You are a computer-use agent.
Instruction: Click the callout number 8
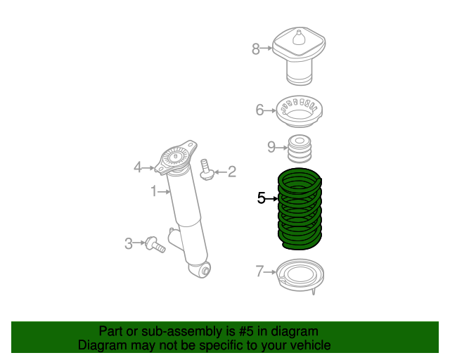(x=256, y=49)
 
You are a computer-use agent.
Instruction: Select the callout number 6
(x=259, y=110)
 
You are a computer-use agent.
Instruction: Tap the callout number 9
(x=271, y=147)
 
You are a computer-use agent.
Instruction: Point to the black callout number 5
(x=262, y=199)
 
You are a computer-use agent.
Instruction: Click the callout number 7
(x=259, y=271)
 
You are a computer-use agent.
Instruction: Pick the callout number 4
(x=138, y=167)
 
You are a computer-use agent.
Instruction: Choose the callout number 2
(x=231, y=171)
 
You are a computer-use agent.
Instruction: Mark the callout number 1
(x=153, y=191)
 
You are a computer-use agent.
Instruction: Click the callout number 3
(x=129, y=244)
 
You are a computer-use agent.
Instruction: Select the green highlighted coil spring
(x=301, y=211)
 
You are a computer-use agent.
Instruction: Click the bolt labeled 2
(x=207, y=170)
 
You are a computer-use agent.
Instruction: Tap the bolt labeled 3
(x=153, y=245)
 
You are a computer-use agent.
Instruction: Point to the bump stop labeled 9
(x=300, y=148)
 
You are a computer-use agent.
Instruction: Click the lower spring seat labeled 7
(x=302, y=275)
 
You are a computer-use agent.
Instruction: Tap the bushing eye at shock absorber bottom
(x=205, y=270)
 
